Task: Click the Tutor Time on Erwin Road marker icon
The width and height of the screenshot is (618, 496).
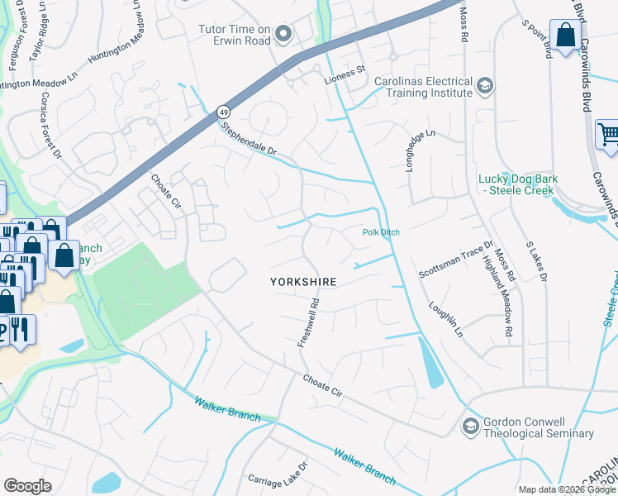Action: (284, 35)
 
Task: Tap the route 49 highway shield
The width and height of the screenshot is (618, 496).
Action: (223, 111)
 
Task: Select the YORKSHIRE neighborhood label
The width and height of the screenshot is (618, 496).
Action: (303, 282)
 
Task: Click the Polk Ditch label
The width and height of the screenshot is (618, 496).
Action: (381, 232)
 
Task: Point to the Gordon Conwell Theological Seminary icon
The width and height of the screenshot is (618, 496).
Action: (471, 427)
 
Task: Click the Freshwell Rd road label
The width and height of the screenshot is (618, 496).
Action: (308, 321)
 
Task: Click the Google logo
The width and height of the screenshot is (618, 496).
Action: (27, 486)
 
